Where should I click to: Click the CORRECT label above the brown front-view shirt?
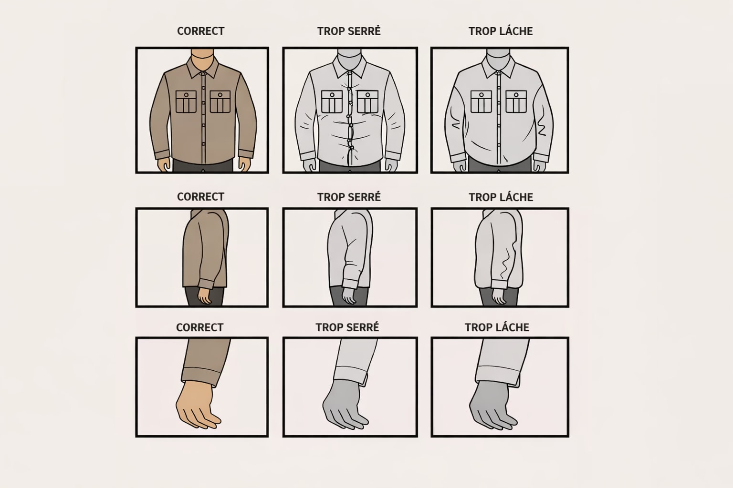(x=200, y=31)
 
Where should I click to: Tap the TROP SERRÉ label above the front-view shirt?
(x=349, y=31)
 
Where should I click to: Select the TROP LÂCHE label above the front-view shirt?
(x=501, y=31)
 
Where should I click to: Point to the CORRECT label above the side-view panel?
(x=200, y=197)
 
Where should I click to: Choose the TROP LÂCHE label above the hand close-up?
(x=497, y=327)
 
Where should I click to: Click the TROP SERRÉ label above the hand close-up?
(x=347, y=327)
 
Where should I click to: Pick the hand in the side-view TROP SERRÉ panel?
(x=349, y=295)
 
